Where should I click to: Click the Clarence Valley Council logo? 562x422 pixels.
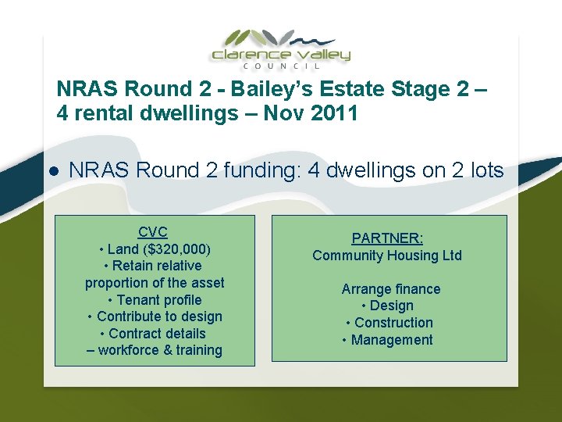(281, 48)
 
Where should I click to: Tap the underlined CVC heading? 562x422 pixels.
(153, 232)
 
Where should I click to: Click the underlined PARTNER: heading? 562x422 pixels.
(387, 238)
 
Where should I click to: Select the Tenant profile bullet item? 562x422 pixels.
(155, 300)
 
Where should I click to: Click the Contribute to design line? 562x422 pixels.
(155, 316)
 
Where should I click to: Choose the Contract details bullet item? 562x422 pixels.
(155, 334)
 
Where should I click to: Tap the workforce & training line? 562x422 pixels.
(155, 351)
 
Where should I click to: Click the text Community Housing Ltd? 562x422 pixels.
(387, 256)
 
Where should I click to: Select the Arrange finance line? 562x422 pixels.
(390, 289)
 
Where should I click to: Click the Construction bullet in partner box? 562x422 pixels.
(389, 323)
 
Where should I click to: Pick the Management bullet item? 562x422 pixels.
(389, 340)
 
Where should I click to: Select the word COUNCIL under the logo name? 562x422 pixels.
(281, 67)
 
